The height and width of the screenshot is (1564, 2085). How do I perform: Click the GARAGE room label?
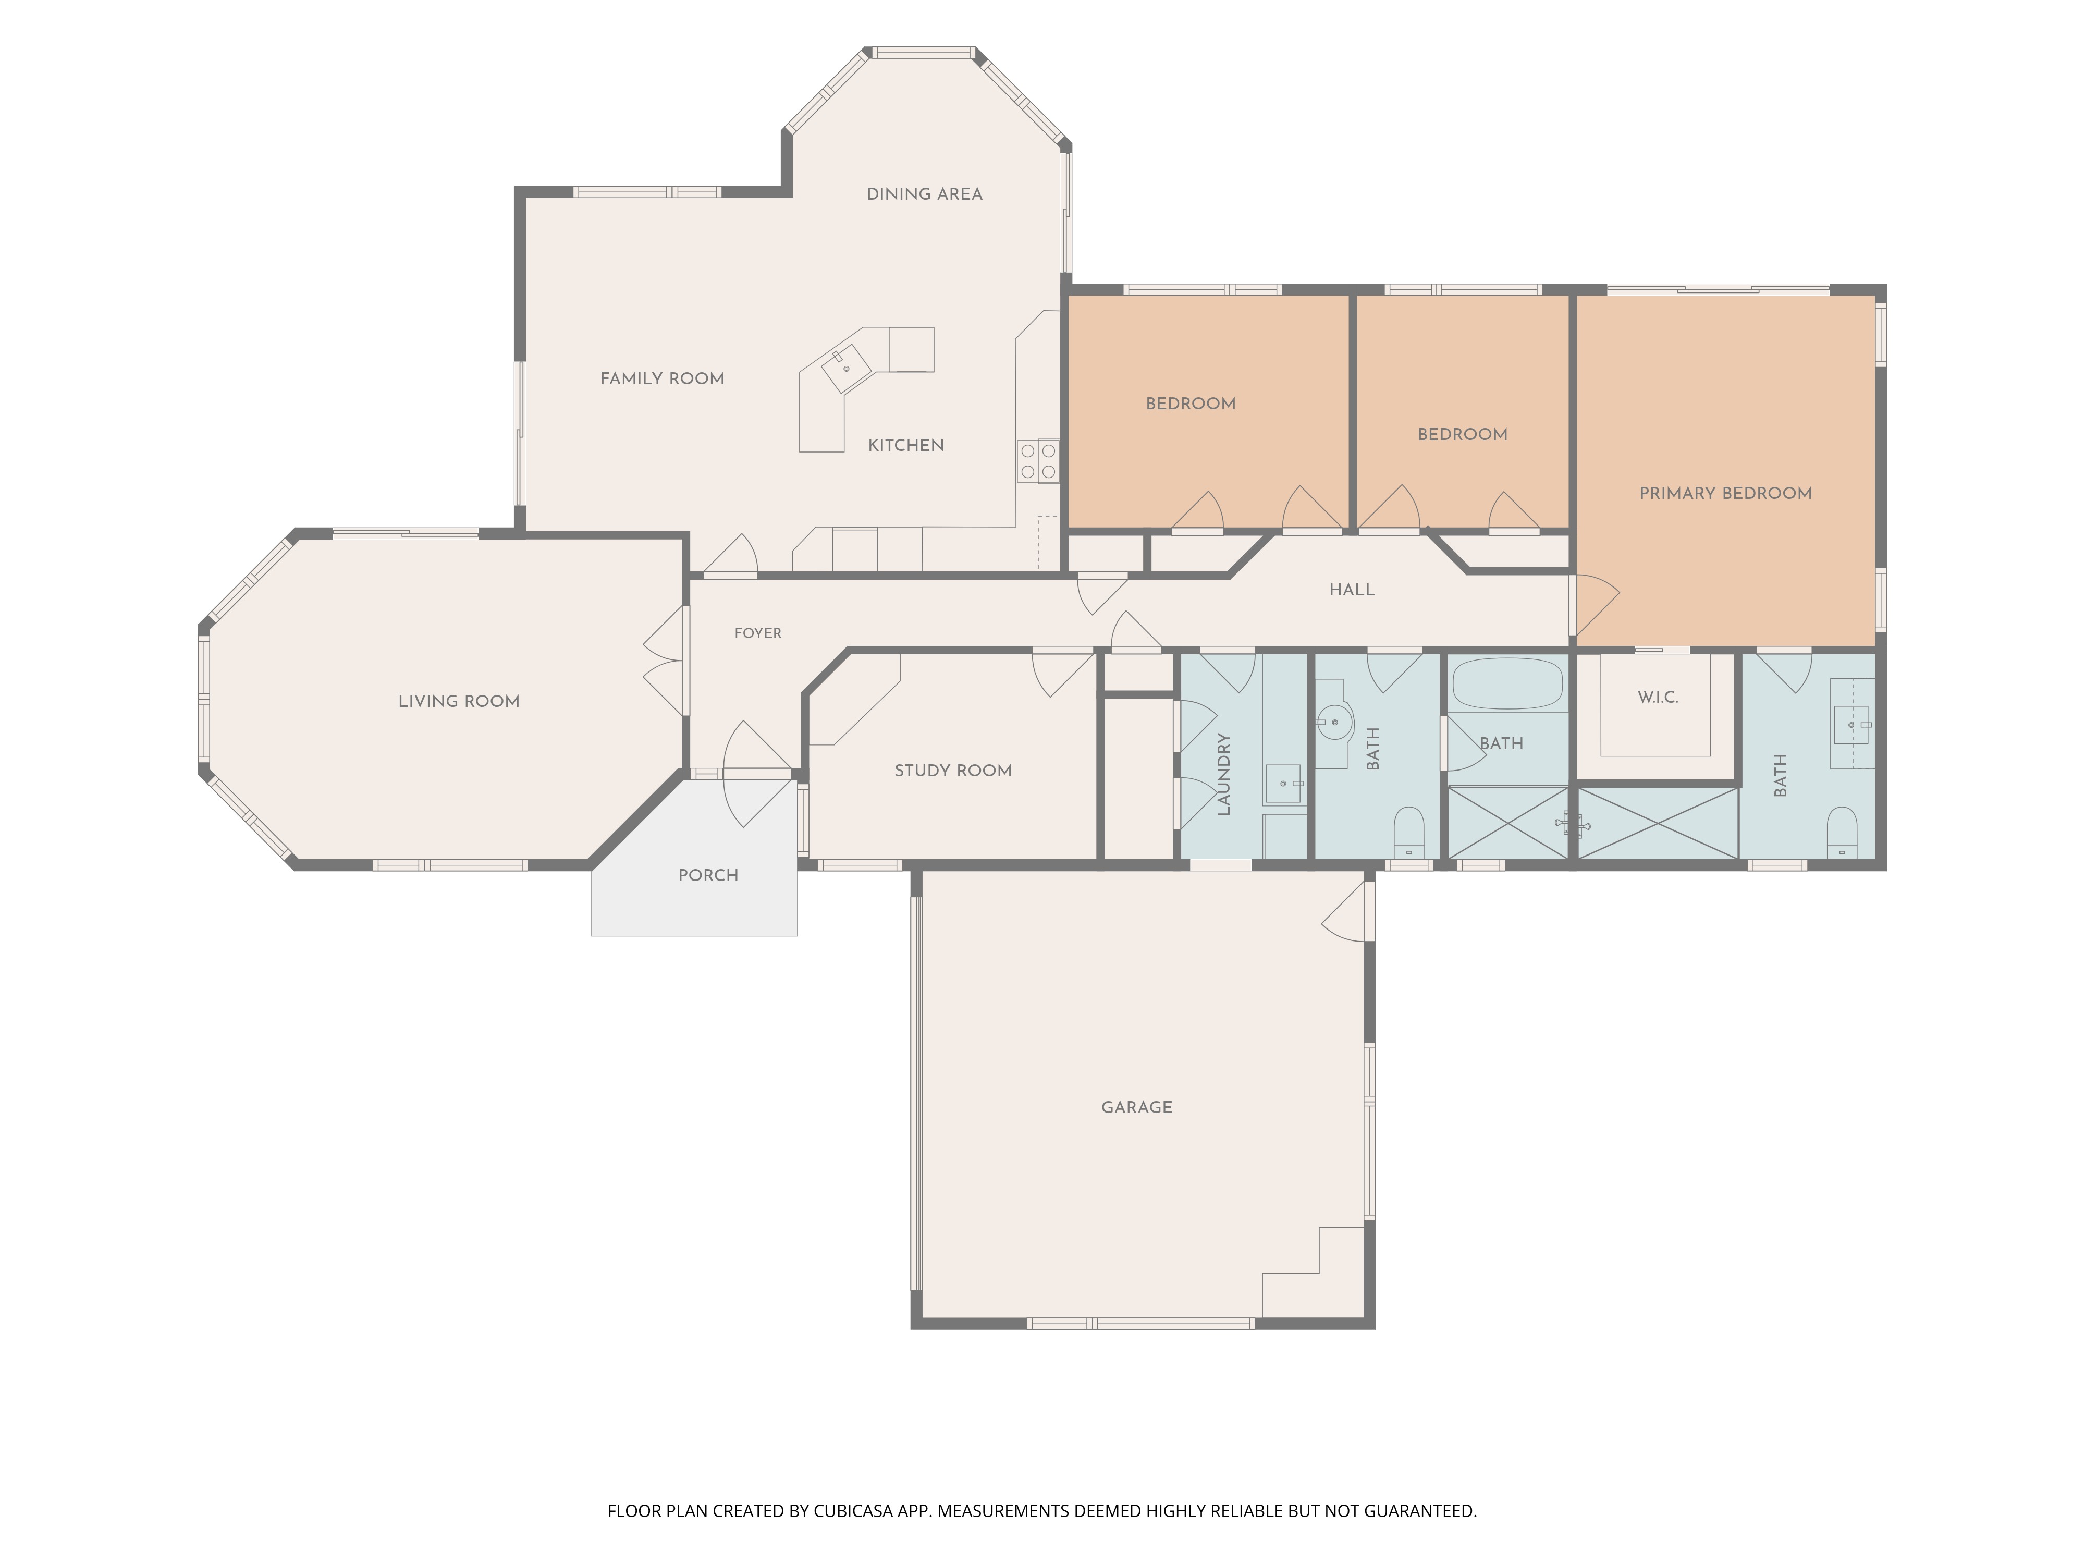pos(1137,1108)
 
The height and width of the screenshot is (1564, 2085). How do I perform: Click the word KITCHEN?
pos(906,445)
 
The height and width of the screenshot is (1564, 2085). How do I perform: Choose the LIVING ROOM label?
pos(459,701)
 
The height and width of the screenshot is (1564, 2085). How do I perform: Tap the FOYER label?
pos(758,633)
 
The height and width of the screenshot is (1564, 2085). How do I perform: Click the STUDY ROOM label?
pos(953,771)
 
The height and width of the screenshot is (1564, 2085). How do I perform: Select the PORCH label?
pos(708,876)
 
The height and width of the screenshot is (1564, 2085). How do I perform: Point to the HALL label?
pos(1352,590)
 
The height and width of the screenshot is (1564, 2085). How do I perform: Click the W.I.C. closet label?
pos(1657,698)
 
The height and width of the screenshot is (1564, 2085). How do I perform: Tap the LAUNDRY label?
pos(1223,774)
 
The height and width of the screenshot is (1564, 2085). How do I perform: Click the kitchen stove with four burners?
pos(1038,462)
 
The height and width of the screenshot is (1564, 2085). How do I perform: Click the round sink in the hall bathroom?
pos(1334,723)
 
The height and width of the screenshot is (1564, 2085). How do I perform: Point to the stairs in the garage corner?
pos(1313,1272)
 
